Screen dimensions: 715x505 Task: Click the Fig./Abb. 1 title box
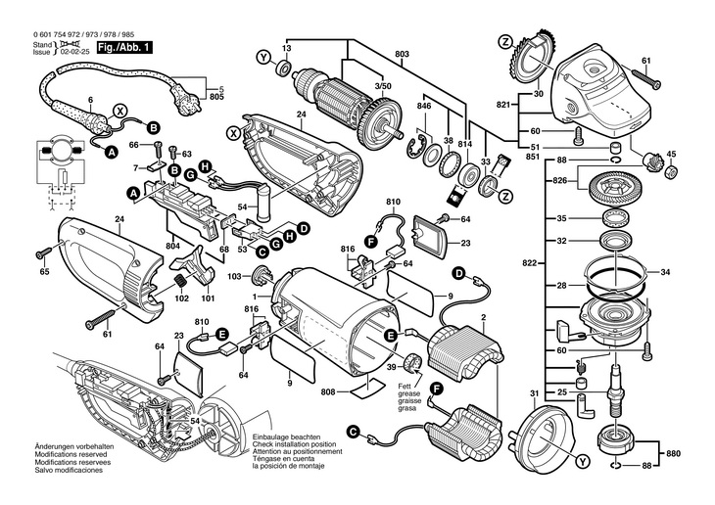(x=123, y=47)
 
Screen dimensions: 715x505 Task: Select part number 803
(x=403, y=54)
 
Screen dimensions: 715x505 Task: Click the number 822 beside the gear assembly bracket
(x=531, y=263)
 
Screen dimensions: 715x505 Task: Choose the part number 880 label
(x=673, y=453)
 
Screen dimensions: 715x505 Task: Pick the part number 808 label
(x=328, y=391)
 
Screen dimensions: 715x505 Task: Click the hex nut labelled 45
(x=671, y=172)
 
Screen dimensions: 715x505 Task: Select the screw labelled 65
(x=44, y=252)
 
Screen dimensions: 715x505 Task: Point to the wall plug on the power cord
(x=186, y=96)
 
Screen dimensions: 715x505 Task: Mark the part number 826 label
(x=560, y=180)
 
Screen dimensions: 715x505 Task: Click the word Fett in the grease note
(x=404, y=387)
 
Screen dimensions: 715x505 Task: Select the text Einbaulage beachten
(x=286, y=436)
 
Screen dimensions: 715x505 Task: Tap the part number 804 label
(x=173, y=246)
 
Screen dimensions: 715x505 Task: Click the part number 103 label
(x=234, y=276)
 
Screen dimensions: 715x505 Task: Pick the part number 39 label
(x=391, y=367)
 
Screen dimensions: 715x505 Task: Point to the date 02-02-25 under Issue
(x=79, y=53)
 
